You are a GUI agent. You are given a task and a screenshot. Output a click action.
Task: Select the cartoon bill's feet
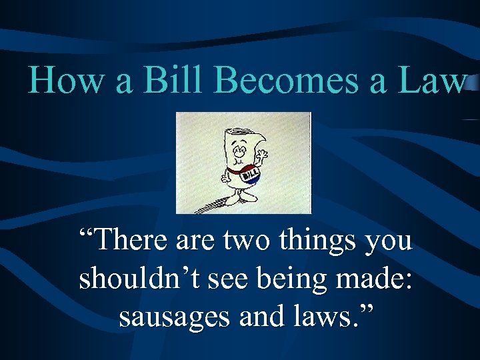[x=239, y=197]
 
